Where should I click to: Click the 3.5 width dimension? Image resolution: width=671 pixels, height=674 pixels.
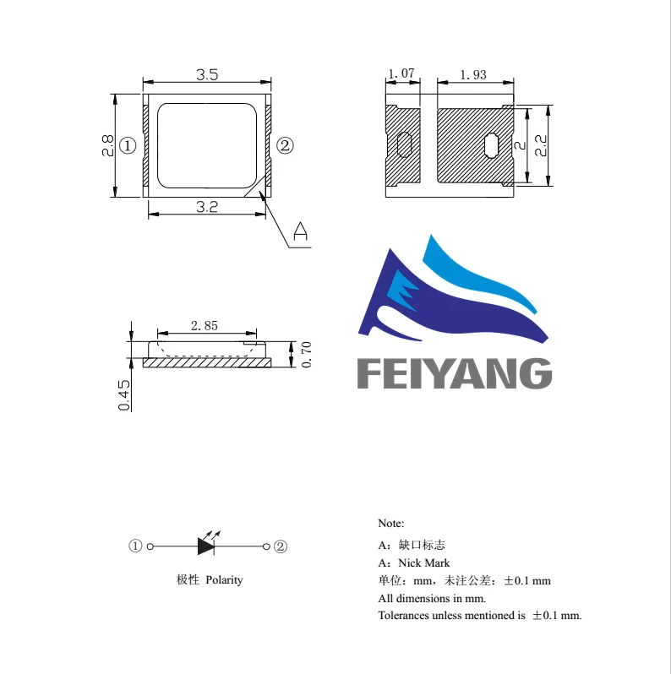point(207,74)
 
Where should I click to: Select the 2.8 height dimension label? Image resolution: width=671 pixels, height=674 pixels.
point(107,145)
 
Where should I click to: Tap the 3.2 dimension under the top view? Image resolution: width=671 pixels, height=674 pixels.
point(207,206)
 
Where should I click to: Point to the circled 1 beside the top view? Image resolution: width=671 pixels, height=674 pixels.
point(128,146)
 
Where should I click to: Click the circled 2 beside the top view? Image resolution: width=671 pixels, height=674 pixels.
point(286,146)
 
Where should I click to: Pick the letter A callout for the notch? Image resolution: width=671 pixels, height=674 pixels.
point(300,231)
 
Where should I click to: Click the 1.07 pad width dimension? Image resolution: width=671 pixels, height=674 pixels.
point(401,74)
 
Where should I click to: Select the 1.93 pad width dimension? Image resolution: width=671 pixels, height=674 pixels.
point(473,74)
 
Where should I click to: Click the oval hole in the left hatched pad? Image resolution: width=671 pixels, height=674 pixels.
point(404,144)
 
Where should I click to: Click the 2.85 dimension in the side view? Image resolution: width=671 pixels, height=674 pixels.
point(205,325)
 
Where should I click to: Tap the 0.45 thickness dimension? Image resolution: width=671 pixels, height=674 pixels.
point(124,394)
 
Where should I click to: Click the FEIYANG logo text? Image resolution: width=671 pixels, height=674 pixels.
point(455,372)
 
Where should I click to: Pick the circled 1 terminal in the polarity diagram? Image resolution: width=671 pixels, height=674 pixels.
point(135,546)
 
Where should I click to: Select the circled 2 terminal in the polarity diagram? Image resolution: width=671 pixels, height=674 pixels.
point(281,546)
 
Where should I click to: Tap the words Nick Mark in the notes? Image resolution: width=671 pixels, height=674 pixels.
point(425,563)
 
